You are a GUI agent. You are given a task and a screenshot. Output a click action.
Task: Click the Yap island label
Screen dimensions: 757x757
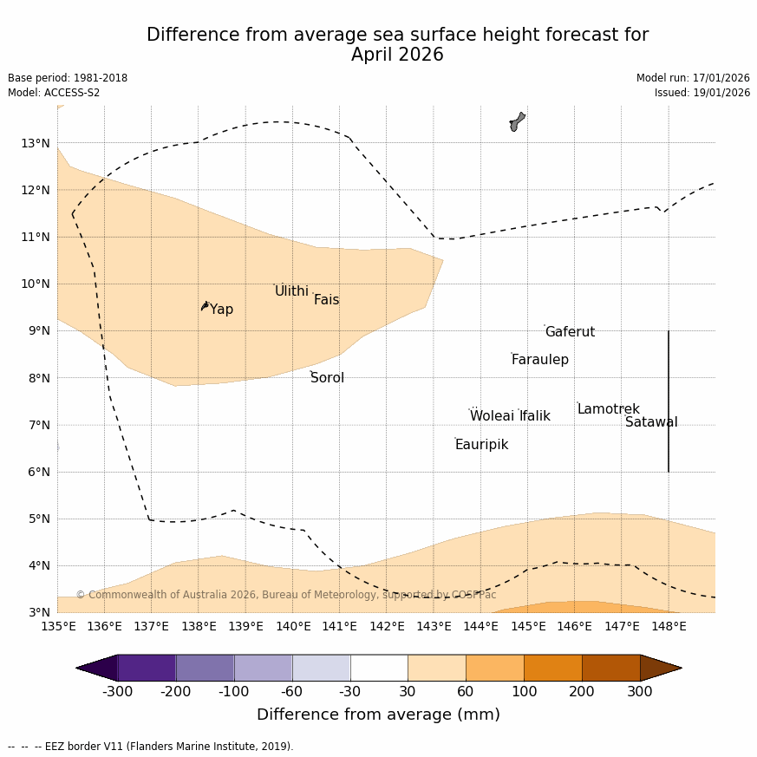(221, 310)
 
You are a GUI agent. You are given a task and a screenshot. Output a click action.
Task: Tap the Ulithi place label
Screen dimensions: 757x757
(291, 291)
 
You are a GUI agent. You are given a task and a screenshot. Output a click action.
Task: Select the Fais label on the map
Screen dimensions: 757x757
(326, 300)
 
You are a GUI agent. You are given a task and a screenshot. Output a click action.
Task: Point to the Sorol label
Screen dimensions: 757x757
(327, 378)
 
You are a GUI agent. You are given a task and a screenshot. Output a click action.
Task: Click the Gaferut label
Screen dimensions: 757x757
(570, 332)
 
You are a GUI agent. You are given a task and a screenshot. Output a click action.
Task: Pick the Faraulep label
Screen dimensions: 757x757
(539, 360)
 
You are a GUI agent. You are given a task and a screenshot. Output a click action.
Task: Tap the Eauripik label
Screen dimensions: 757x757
(481, 445)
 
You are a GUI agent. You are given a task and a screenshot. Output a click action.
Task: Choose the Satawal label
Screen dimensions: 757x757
(651, 422)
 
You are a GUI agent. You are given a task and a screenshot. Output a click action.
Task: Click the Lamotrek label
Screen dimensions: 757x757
(608, 409)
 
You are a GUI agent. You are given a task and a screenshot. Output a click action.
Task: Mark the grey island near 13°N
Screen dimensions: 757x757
(517, 121)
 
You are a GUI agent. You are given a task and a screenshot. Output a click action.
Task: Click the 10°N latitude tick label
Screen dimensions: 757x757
(35, 284)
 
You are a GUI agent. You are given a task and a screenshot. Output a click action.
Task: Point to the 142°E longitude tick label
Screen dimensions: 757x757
(387, 626)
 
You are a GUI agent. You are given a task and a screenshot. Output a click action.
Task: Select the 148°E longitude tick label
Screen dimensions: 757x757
(669, 626)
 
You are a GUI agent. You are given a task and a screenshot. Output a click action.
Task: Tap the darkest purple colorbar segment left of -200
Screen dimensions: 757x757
(147, 668)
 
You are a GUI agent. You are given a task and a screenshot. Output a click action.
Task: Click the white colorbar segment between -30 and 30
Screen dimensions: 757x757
(379, 668)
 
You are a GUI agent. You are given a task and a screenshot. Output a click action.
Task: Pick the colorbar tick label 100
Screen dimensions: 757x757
(524, 691)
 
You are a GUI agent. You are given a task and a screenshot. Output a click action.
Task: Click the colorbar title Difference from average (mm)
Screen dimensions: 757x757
(378, 715)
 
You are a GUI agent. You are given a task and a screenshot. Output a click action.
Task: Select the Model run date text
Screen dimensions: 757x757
(693, 78)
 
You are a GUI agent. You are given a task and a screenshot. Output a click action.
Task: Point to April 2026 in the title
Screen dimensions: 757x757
(397, 55)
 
